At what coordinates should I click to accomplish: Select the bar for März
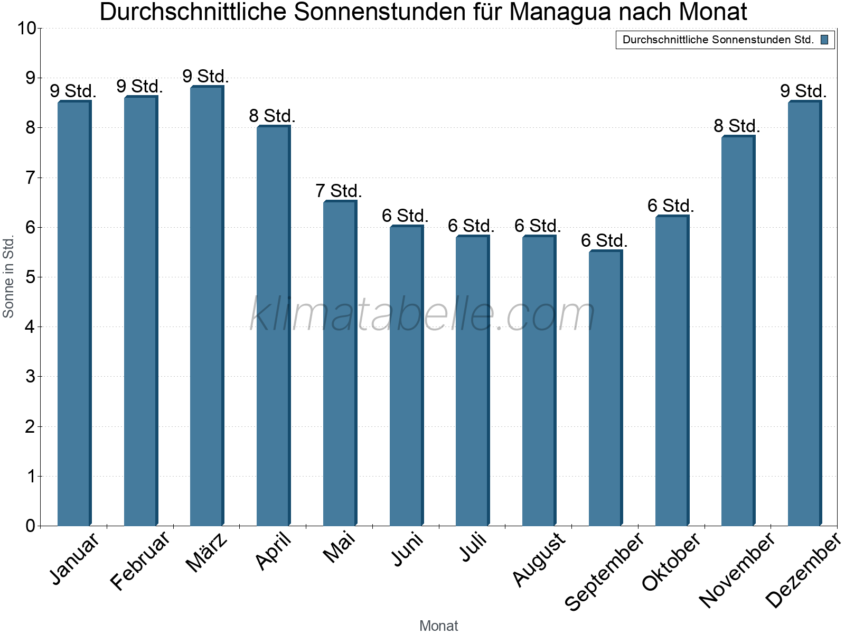206,306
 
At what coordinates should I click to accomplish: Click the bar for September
605,388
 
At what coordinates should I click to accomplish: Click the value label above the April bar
272,116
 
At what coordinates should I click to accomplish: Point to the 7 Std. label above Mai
339,191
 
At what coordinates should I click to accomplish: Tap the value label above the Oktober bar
671,206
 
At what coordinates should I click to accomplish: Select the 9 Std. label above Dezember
803,91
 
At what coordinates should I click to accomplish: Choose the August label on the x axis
539,559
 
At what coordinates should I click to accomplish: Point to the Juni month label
407,549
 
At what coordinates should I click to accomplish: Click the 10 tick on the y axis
26,29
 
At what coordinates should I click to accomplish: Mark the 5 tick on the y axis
30,277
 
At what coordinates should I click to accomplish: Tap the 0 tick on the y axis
30,526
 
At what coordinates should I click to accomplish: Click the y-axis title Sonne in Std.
8,277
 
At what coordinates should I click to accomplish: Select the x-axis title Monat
438,626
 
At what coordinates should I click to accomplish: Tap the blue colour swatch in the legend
824,40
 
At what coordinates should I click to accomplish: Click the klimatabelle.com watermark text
422,314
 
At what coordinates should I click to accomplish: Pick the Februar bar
140,312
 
